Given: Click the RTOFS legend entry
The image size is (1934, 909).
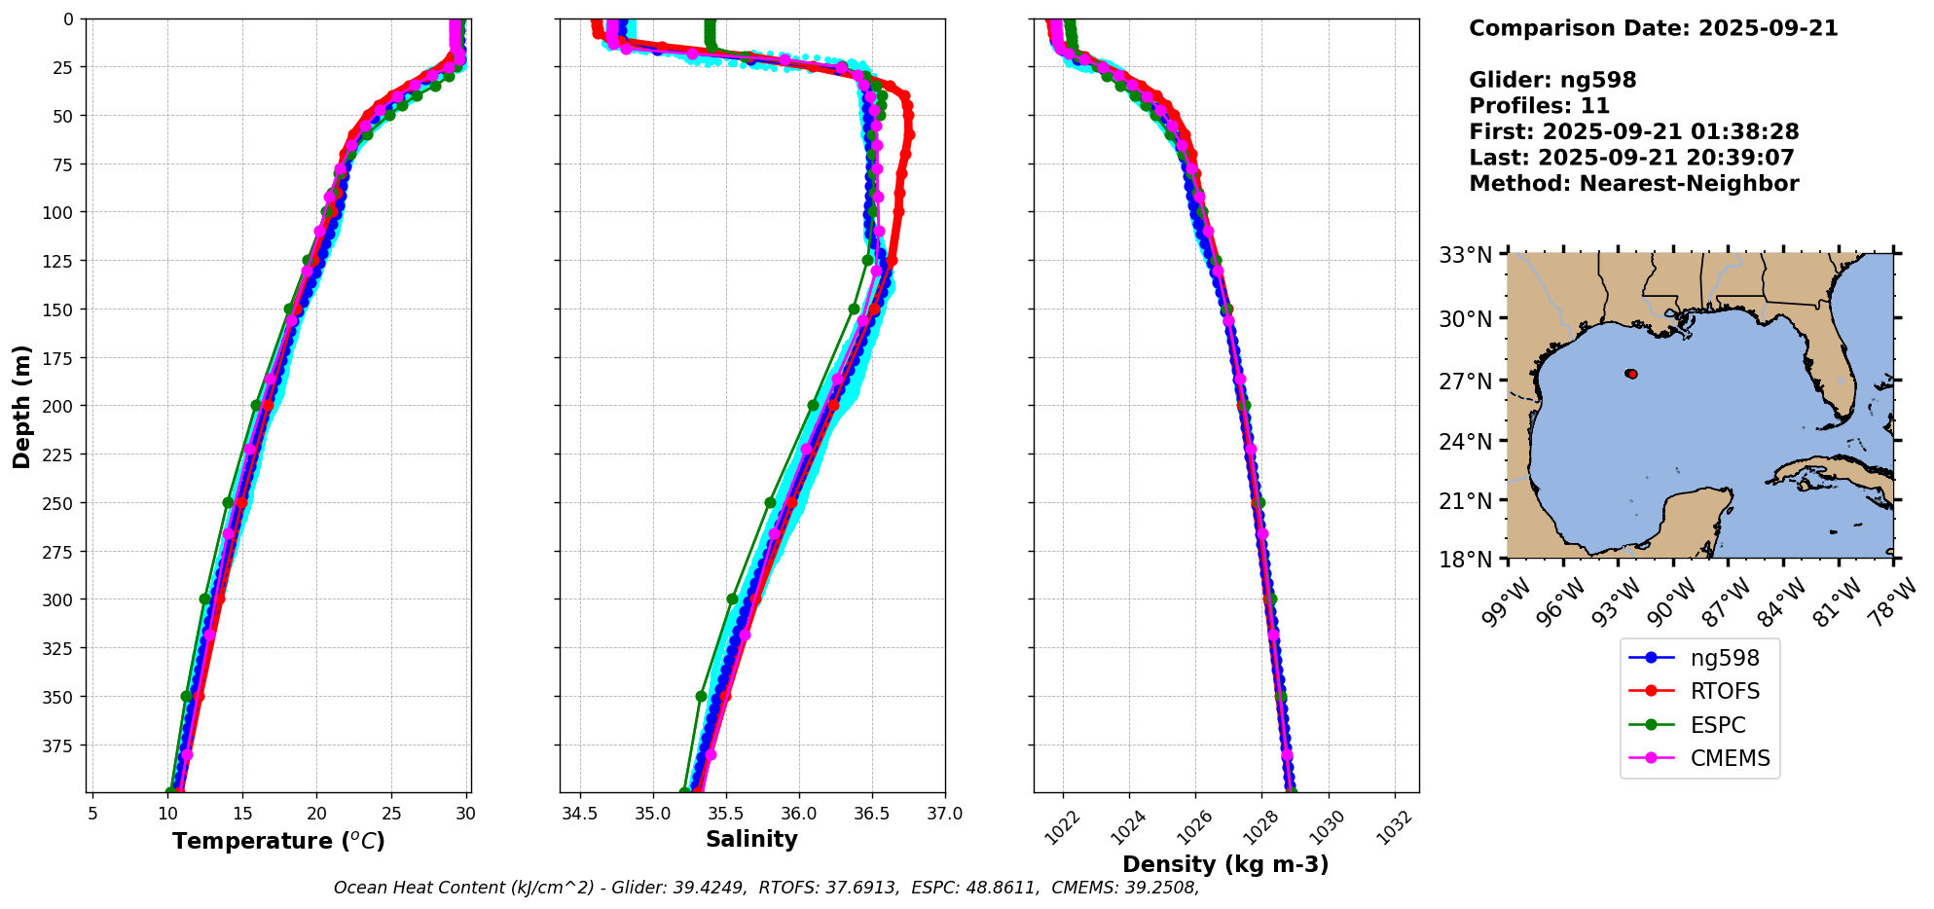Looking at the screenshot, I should coord(1724,691).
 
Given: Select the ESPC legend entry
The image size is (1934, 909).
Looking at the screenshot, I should coord(1717,725).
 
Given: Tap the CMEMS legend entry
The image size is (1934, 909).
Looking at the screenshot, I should coord(1729,758).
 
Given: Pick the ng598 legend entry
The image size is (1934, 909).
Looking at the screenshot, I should coord(1724,658).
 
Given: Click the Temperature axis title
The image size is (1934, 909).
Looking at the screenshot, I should coord(278,841).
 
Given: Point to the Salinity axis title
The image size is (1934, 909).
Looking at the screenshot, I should coord(751,839).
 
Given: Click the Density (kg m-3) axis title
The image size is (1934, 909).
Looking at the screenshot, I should coord(1225,864).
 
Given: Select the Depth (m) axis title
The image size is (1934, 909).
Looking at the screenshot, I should coord(21,406).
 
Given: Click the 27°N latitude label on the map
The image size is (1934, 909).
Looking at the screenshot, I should coord(1466,381).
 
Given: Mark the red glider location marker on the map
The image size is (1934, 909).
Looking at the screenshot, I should coord(1631,374).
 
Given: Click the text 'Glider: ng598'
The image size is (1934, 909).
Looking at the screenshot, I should coord(1552,80).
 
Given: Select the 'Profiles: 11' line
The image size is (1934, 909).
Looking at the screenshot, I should coord(1539,106).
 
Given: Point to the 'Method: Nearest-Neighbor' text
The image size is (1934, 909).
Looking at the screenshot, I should coord(1633,183).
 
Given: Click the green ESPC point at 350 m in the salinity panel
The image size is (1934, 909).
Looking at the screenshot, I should coord(701,696).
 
